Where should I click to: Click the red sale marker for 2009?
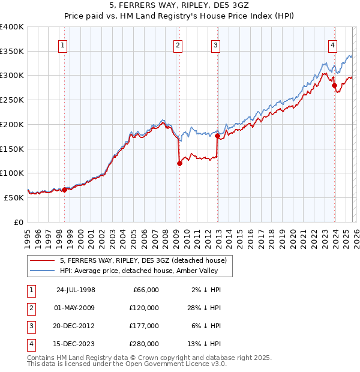point(179,163)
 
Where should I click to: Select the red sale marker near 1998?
point(65,190)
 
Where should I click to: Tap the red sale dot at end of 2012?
point(218,136)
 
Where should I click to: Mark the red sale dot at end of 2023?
point(335,86)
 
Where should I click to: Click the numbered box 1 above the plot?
point(63,44)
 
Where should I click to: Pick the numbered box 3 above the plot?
point(215,44)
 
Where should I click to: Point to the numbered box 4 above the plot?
point(332,44)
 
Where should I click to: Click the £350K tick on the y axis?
point(12,52)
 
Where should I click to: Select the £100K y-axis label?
point(12,173)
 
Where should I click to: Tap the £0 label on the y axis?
point(18,221)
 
